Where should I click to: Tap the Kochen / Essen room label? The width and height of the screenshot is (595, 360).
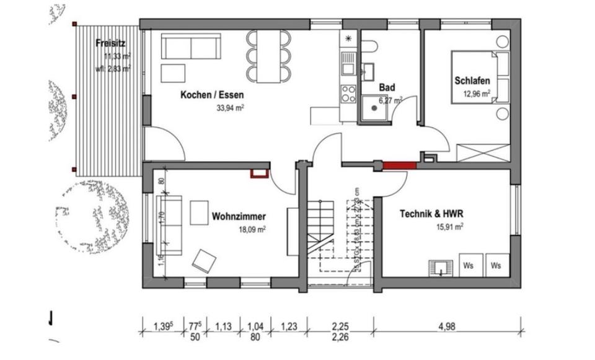click(x=212, y=95)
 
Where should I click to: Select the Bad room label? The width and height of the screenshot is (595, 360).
click(x=387, y=87)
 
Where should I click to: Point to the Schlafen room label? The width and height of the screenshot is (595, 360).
click(x=472, y=81)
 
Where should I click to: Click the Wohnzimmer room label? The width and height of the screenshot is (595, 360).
click(x=239, y=217)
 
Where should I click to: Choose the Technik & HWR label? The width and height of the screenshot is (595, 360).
click(x=431, y=214)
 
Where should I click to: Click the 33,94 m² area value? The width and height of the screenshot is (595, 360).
click(x=229, y=107)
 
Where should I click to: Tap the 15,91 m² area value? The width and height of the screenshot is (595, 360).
click(x=451, y=227)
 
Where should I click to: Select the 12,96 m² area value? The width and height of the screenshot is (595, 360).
click(x=477, y=94)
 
